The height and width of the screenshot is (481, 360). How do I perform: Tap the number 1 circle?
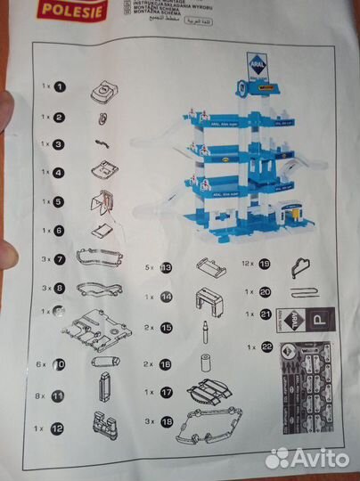(59, 87)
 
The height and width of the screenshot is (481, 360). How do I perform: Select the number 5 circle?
(59, 202)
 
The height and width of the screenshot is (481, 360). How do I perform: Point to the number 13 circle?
(166, 266)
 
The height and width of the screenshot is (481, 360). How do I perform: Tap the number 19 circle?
(265, 264)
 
